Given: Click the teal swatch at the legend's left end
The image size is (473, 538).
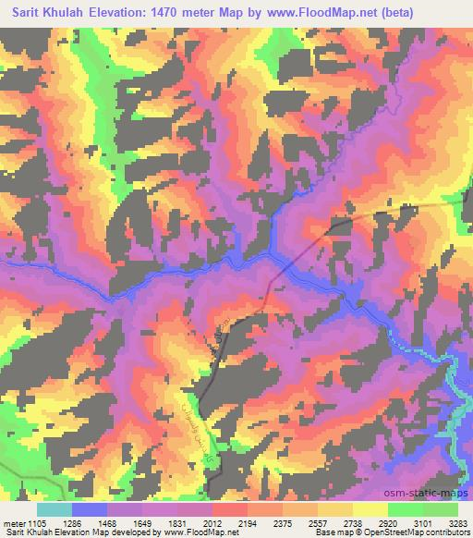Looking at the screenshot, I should point(54,509).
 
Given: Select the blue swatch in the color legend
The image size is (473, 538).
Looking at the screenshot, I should point(89,509).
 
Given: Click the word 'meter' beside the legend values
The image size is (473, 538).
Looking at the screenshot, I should point(15,522).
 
